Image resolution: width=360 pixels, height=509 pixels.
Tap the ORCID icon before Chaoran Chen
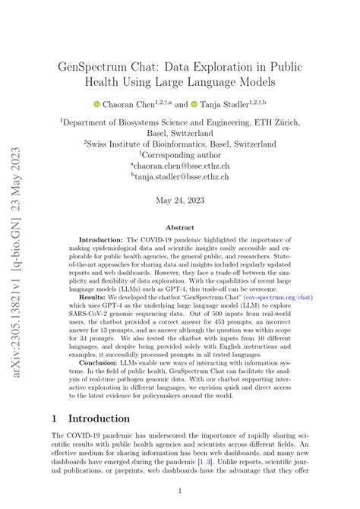tap(96, 103)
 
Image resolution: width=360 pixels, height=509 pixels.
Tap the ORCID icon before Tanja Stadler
tap(194, 103)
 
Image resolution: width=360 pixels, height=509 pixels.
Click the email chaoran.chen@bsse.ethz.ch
tap(182, 165)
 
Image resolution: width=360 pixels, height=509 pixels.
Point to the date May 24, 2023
tap(180, 201)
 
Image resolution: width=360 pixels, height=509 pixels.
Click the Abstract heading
tap(180, 227)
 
